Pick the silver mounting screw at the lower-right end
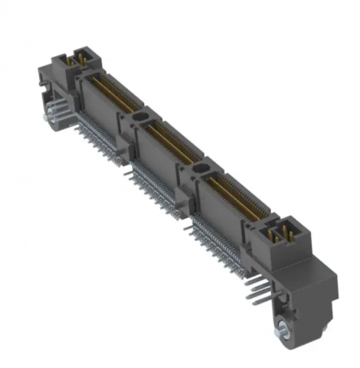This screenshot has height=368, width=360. coord(282,331)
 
